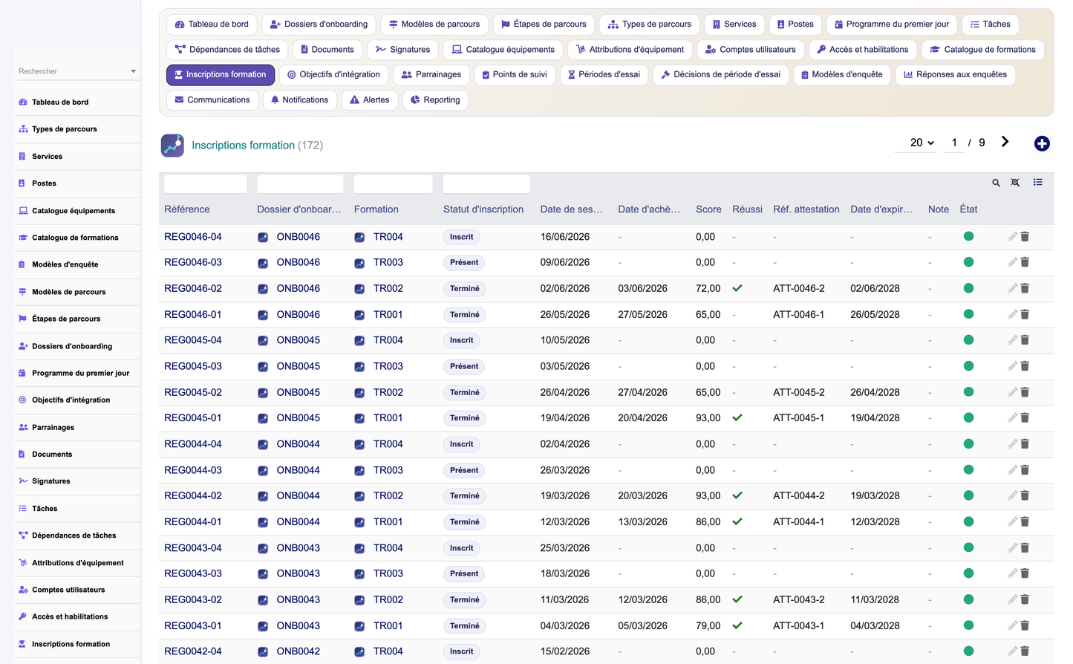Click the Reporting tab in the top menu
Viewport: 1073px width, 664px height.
click(435, 100)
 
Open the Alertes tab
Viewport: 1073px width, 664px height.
click(369, 100)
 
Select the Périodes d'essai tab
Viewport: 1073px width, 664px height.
click(604, 74)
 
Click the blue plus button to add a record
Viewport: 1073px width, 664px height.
click(1041, 143)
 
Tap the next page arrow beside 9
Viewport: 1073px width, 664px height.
click(1005, 142)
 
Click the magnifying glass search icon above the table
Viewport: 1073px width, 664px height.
click(996, 183)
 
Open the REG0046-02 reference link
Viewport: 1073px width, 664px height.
click(192, 288)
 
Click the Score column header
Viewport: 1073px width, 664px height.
click(708, 209)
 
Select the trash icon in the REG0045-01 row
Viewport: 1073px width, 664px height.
click(1025, 417)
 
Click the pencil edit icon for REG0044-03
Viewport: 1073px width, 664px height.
click(1011, 470)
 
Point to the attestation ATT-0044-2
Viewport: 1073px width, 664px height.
click(798, 496)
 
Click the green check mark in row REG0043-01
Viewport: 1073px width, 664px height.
click(737, 625)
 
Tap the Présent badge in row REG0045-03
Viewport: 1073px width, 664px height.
click(463, 366)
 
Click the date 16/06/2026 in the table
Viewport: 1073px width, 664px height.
click(565, 237)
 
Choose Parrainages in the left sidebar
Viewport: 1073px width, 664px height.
click(53, 427)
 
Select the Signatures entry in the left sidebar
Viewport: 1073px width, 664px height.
click(50, 481)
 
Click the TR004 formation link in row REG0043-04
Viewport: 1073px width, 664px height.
click(388, 547)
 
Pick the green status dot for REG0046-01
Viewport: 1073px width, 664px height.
click(968, 314)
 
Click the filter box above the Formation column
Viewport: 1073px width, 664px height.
click(393, 184)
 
